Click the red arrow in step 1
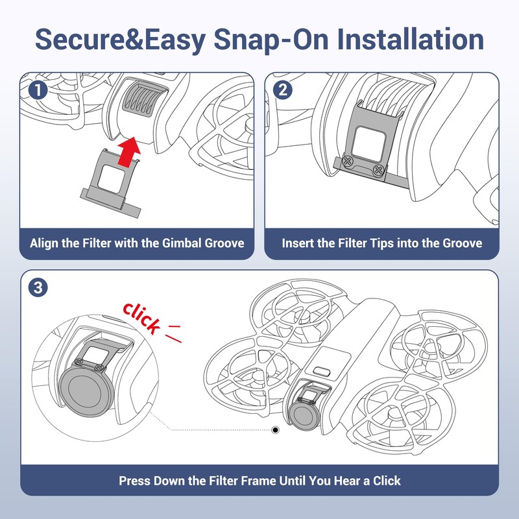point(128,152)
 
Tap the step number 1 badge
point(38,90)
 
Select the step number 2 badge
point(283,90)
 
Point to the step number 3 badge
point(38,287)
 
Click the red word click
point(141,318)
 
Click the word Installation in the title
point(411,40)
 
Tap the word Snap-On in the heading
point(271,40)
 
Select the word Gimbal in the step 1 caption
point(182,243)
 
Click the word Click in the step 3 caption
point(387,481)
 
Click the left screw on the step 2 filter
point(348,161)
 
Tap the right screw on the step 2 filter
point(378,170)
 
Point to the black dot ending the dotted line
point(275,430)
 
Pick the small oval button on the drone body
point(322,370)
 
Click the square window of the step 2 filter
point(368,145)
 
